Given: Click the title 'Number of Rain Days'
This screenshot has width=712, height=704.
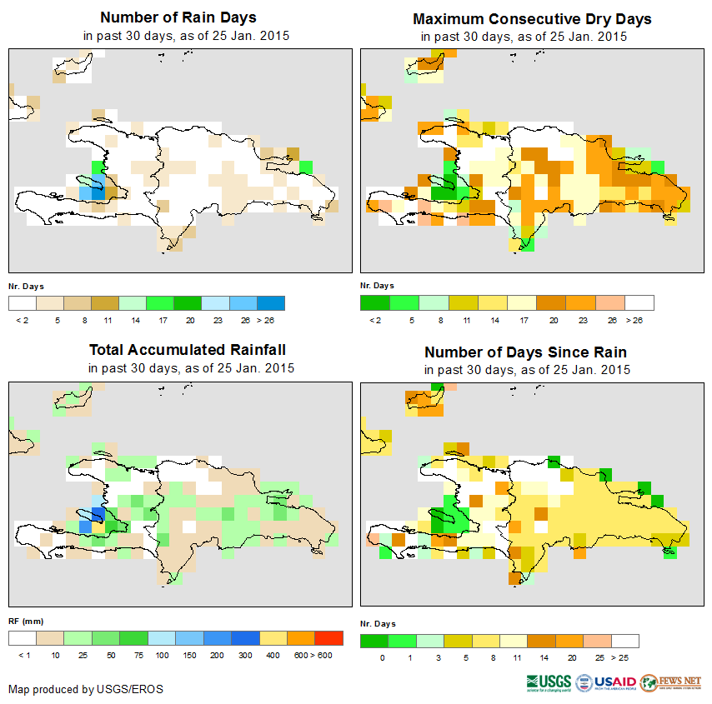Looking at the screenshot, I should pos(178,17).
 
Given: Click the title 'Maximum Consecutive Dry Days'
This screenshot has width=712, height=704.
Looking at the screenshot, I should pos(532,18).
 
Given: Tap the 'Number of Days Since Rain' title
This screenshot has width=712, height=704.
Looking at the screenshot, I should pos(525,352).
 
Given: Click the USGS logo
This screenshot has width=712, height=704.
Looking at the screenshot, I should pos(549,682).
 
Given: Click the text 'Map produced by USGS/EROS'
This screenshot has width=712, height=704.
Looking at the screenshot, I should pos(86,689).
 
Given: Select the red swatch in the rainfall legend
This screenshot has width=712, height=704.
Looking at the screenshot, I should pos(328,638).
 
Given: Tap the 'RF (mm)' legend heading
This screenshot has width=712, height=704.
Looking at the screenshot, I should pos(20,621).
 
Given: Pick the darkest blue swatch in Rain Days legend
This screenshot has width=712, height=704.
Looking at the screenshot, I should pos(271,302).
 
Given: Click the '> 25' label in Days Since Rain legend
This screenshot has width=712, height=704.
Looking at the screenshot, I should pos(623,657).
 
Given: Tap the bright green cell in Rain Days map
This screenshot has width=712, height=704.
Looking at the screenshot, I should pos(305,167).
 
